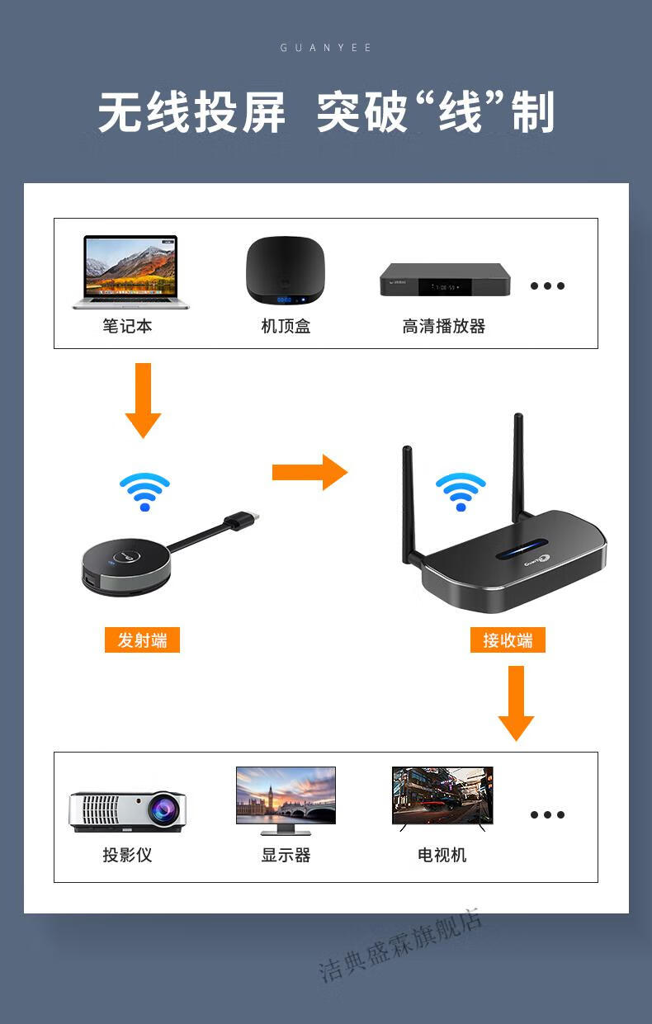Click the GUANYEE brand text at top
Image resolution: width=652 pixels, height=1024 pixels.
[x=326, y=48]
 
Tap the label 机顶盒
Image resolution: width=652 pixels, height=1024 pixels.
[x=286, y=327]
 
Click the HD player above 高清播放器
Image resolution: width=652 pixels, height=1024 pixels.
[x=444, y=281]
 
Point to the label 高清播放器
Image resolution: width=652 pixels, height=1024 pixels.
[x=443, y=327]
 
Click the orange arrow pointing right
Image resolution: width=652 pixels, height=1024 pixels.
[x=309, y=472]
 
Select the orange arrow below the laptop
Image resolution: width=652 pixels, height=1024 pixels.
[x=143, y=400]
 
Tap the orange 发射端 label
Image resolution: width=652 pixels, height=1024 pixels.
[x=142, y=640]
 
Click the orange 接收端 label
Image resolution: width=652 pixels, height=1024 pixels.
[x=508, y=640]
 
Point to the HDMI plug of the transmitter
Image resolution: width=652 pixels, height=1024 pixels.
[x=245, y=518]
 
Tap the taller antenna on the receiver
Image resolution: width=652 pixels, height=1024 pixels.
[x=518, y=466]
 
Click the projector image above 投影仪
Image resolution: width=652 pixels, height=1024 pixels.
[x=127, y=811]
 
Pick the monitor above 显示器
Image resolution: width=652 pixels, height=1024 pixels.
[x=286, y=796]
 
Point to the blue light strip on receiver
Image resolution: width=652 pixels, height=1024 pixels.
[x=520, y=550]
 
